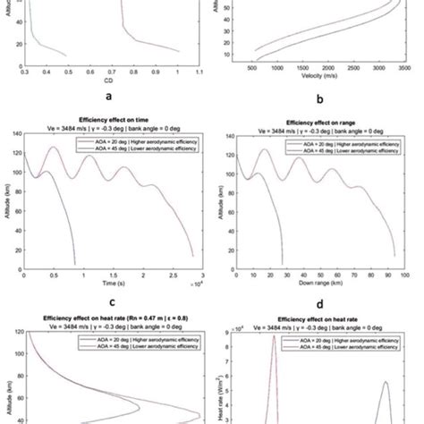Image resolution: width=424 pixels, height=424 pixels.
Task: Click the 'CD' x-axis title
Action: [x=106, y=78]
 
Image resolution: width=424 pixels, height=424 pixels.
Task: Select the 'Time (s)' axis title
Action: [x=107, y=279]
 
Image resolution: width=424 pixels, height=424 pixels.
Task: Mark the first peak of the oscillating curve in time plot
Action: [x=53, y=148]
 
